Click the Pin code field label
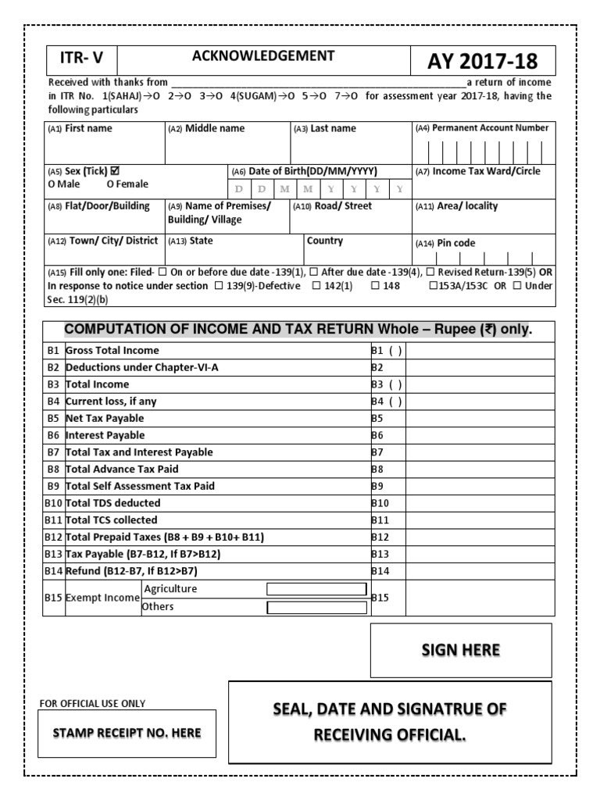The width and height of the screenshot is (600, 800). [455, 243]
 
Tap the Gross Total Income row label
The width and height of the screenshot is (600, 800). [112, 351]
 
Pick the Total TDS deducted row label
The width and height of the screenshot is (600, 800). [113, 503]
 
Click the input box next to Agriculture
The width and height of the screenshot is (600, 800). [316, 589]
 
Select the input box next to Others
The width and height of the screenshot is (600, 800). [316, 607]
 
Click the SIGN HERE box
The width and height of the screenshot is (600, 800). [460, 651]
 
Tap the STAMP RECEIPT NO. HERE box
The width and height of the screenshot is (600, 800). [127, 733]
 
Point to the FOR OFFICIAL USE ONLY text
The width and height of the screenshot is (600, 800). [92, 703]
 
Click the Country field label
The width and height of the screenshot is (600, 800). [325, 241]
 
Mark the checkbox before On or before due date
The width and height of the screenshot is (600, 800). [162, 273]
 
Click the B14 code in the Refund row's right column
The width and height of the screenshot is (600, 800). [380, 571]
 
